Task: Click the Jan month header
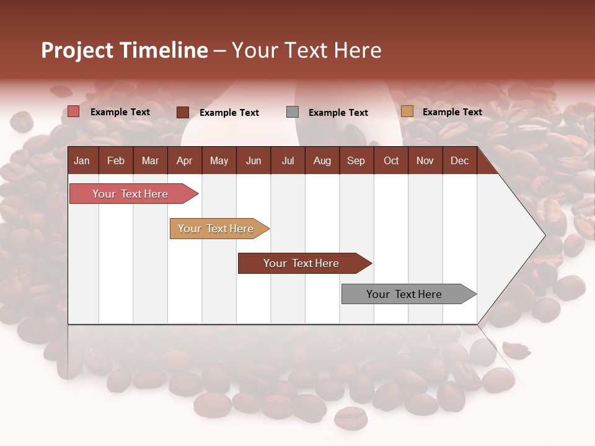pos(82,160)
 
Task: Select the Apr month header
pos(184,160)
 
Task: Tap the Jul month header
pos(288,160)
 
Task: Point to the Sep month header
pos(356,160)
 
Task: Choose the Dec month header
pos(459,160)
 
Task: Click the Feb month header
pos(116,160)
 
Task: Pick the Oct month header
pos(391,160)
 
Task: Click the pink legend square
pos(74,111)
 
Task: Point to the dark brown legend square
pos(183,112)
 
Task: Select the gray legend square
pos(293,112)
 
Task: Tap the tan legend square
pos(407,111)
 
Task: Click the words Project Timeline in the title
pos(125,50)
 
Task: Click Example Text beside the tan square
pos(452,112)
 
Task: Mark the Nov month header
pos(425,160)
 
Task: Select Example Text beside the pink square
pos(120,112)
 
